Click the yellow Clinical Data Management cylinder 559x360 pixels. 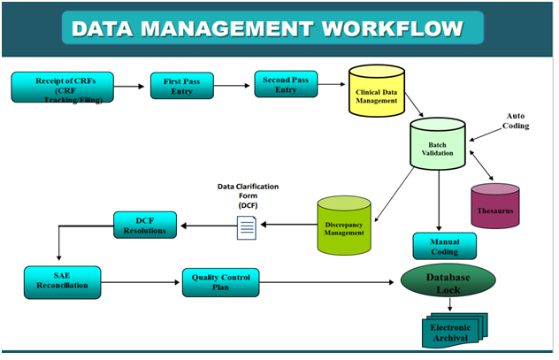[375, 96]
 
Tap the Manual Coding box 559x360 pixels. [440, 245]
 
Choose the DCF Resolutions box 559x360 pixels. [145, 224]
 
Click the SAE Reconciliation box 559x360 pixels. [61, 280]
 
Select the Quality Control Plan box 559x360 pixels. [221, 282]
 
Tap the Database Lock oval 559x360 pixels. [448, 281]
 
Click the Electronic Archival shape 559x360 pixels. [451, 330]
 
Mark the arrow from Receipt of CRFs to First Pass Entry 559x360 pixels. [130, 87]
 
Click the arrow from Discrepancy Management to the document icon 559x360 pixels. [287, 225]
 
